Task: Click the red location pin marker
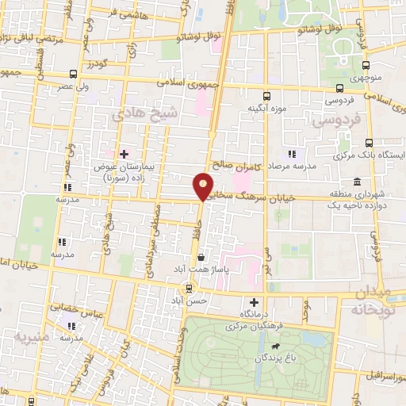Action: point(203,186)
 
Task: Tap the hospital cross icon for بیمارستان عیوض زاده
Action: point(123,153)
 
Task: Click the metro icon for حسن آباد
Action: point(189,288)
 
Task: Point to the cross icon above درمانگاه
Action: point(254,301)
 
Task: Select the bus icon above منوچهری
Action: point(366,67)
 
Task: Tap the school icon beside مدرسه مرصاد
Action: point(292,153)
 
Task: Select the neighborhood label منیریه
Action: point(32,337)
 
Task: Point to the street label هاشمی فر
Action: point(121,13)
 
